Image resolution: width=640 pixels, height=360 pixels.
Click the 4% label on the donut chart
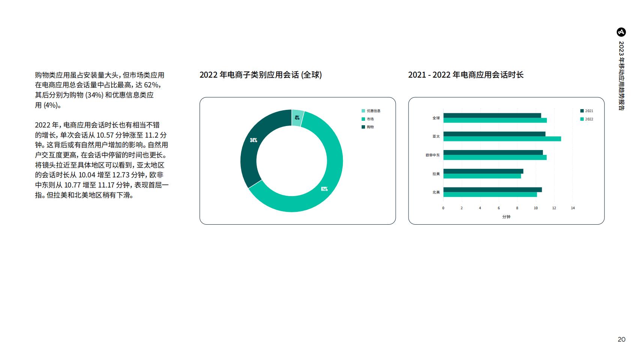[297, 118]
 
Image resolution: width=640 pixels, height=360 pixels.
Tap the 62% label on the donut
[324, 189]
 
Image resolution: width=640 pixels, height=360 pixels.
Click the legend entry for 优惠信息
[371, 111]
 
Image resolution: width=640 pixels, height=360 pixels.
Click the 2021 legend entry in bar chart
[587, 111]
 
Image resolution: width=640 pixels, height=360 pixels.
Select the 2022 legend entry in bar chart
[587, 119]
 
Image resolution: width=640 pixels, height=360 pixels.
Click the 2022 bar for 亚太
[502, 139]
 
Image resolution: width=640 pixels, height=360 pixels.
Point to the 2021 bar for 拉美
[483, 171]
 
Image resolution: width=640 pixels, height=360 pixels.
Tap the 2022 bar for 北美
[490, 195]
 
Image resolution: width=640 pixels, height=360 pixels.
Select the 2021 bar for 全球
[492, 115]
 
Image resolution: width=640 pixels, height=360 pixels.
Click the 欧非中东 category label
[433, 155]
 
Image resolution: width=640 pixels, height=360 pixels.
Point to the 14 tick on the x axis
[572, 208]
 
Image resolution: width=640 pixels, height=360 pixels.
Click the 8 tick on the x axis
[517, 208]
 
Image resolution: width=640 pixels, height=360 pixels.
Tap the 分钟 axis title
[506, 217]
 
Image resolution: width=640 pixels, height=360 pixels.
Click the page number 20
[621, 339]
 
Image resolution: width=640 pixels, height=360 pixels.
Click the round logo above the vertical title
[621, 32]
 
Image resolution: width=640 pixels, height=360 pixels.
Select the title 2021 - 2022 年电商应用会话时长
[466, 75]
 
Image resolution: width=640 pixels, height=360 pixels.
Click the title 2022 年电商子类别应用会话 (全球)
[261, 75]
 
